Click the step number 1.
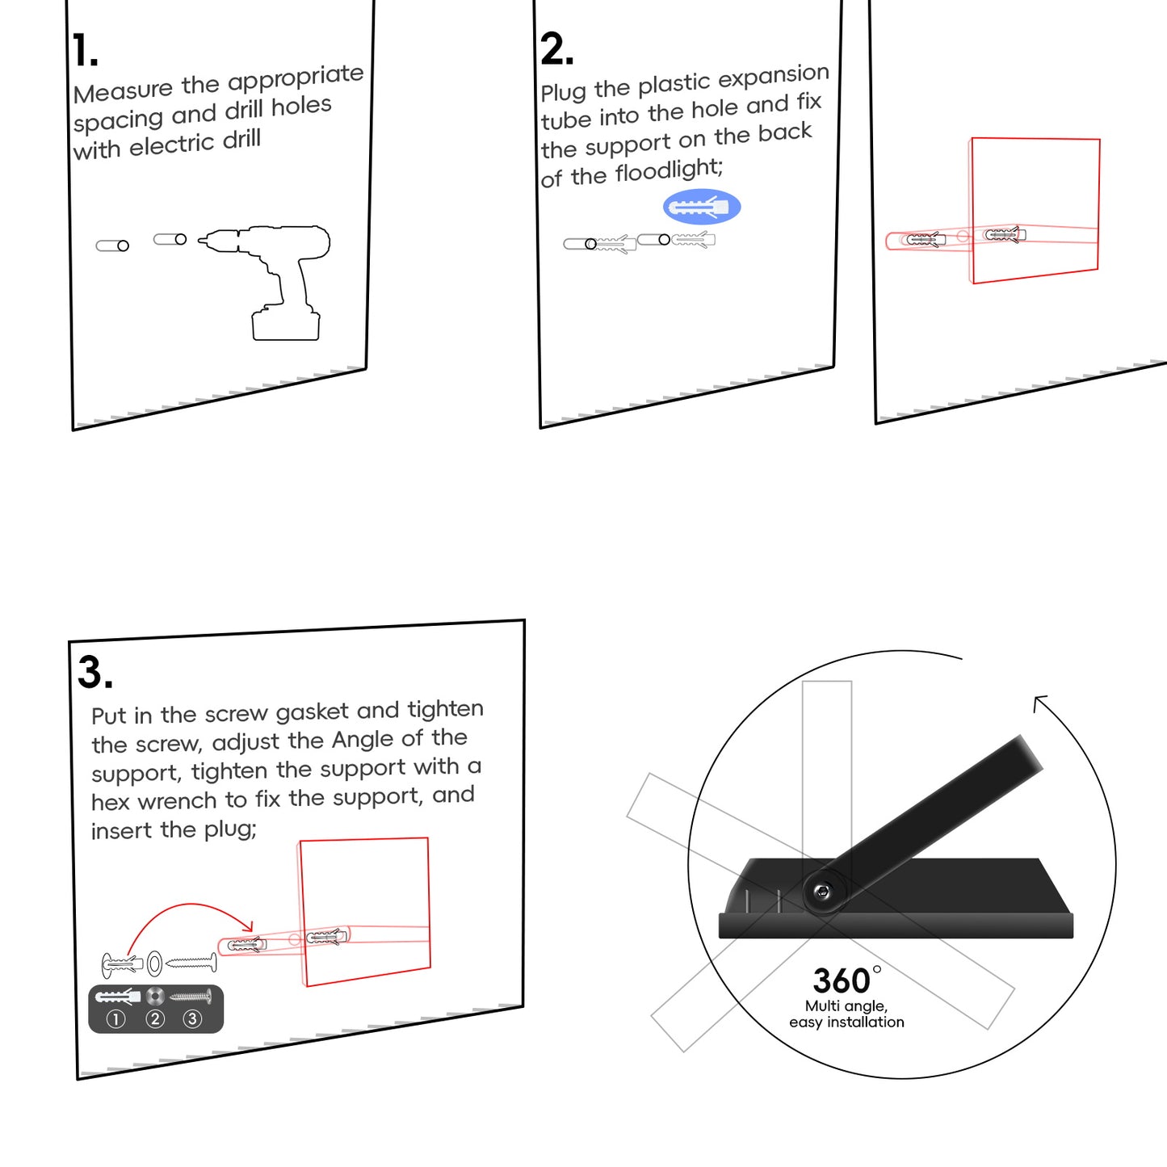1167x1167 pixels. [x=83, y=51]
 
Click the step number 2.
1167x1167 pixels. [x=556, y=49]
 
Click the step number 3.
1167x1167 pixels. [x=94, y=672]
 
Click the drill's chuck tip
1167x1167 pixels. [x=204, y=240]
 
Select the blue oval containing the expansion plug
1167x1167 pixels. [x=701, y=207]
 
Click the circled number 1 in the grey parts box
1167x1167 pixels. [x=115, y=1019]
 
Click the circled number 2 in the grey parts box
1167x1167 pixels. [x=155, y=1019]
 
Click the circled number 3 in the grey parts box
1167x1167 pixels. [x=192, y=1019]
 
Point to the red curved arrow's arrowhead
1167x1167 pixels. [x=248, y=926]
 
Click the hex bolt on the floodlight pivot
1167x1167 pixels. [x=823, y=892]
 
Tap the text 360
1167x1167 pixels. [x=841, y=980]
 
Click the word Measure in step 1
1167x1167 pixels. [x=123, y=90]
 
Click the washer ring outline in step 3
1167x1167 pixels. [x=154, y=963]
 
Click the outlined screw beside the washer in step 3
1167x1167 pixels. [x=192, y=963]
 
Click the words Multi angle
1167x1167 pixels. [x=846, y=1005]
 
